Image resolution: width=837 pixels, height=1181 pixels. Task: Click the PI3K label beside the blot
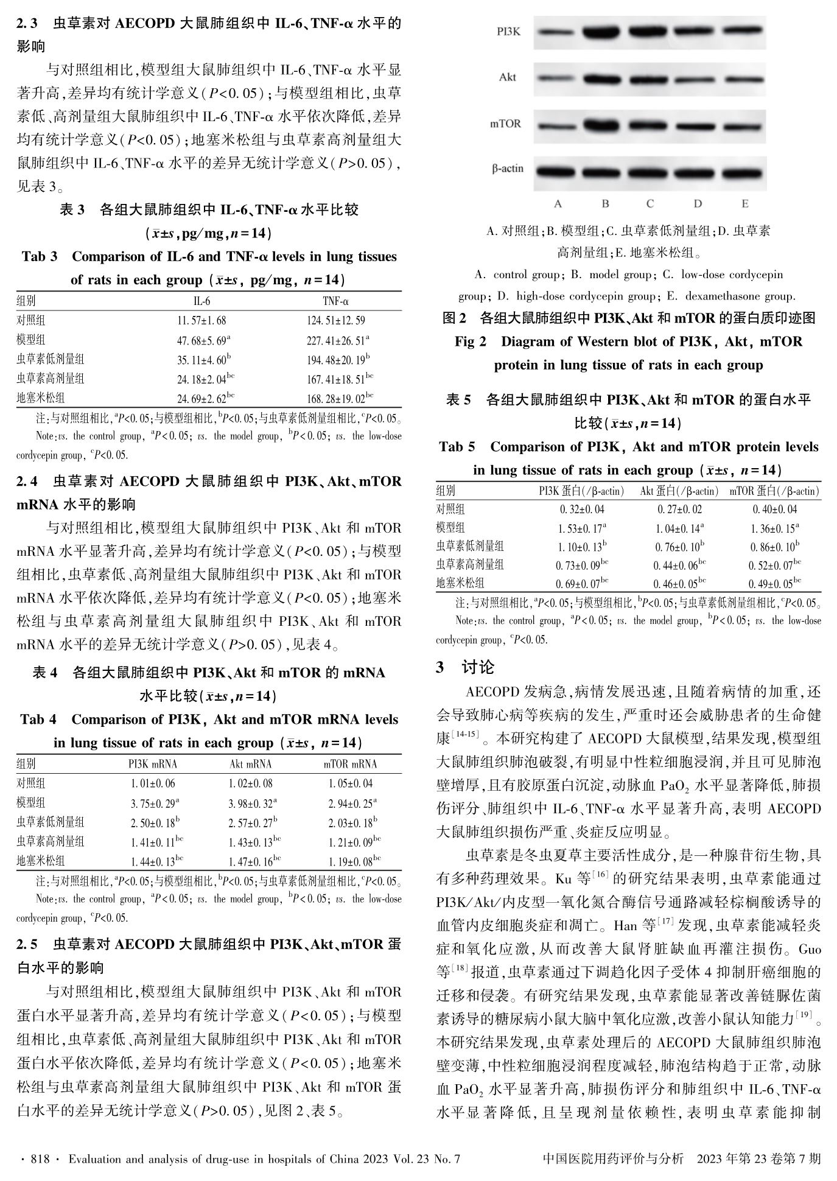click(x=508, y=32)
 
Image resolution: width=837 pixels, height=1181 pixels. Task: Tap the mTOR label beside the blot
click(x=505, y=124)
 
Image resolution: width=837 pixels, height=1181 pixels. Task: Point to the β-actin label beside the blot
click(x=507, y=169)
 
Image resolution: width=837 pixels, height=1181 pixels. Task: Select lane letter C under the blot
click(x=650, y=203)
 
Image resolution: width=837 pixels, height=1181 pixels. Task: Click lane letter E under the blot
click(x=744, y=203)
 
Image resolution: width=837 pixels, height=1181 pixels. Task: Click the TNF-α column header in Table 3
click(x=335, y=301)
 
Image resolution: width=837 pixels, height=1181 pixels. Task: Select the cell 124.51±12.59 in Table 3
click(x=336, y=320)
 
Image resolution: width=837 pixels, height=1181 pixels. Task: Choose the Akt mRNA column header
click(x=250, y=764)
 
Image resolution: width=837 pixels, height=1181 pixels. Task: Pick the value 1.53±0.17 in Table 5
click(x=580, y=528)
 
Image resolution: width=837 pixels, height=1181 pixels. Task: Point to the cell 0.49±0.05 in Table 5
click(x=772, y=584)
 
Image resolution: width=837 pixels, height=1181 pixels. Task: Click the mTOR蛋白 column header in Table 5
click(x=774, y=491)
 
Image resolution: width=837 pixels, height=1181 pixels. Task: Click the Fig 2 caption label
click(x=471, y=342)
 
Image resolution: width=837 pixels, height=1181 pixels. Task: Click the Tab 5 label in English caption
click(x=457, y=447)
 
